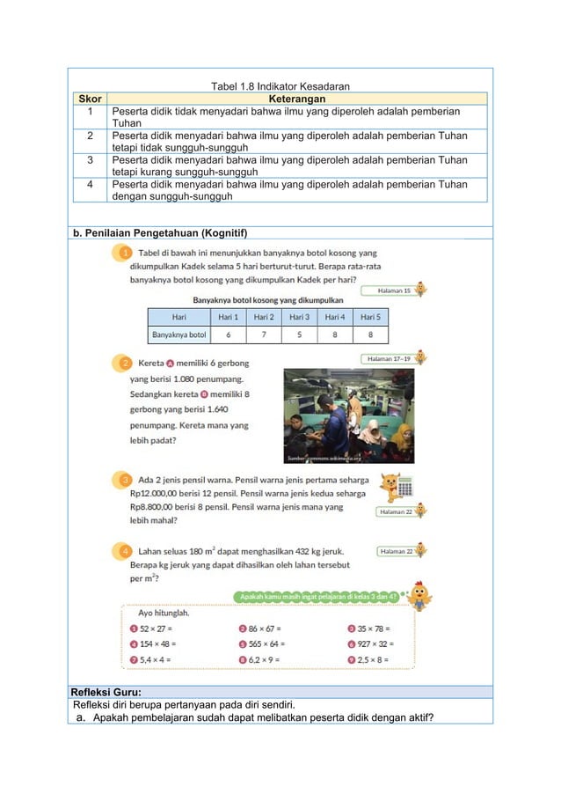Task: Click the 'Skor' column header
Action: (89, 99)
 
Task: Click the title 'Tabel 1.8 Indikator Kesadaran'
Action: (280, 86)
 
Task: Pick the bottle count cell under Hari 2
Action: (264, 335)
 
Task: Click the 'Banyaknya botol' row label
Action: (179, 335)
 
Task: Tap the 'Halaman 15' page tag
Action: (394, 290)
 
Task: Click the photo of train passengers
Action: (348, 415)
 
